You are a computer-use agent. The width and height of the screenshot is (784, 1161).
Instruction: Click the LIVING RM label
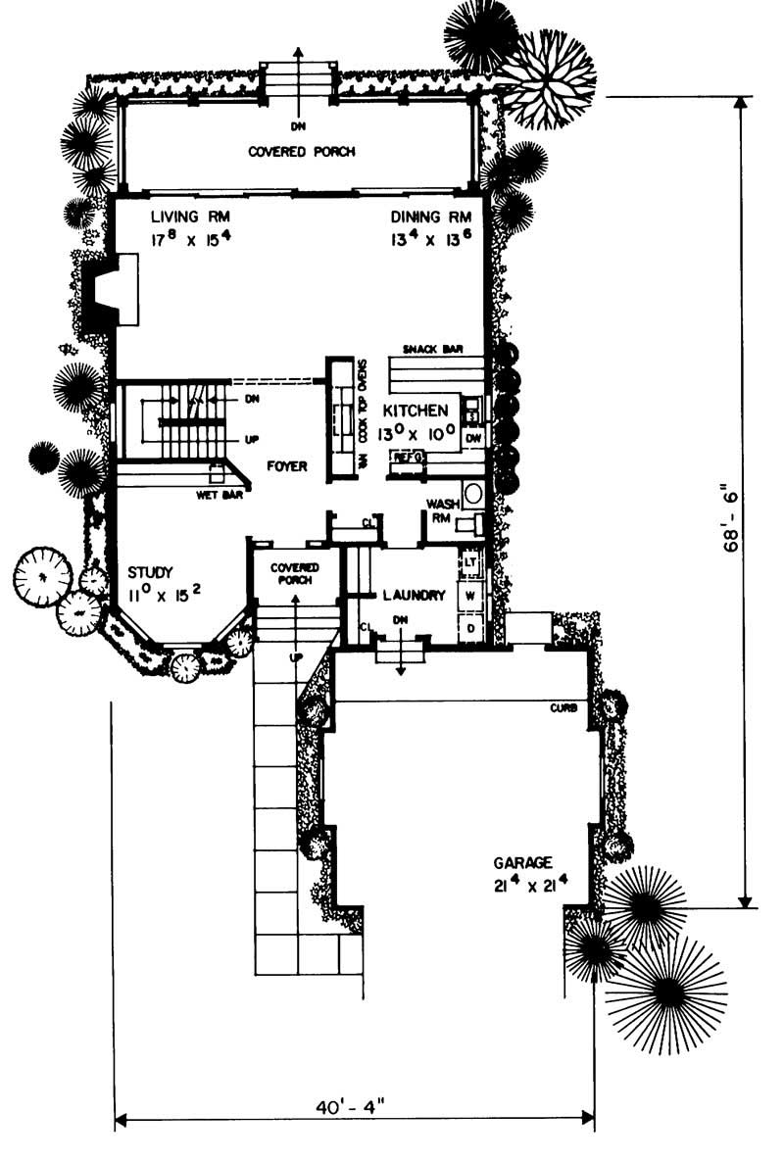coord(184,217)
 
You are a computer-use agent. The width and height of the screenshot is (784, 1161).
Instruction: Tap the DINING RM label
coord(431,217)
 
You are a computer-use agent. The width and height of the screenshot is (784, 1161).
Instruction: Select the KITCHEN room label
coord(416,411)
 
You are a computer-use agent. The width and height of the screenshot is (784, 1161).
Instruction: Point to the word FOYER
coord(287,467)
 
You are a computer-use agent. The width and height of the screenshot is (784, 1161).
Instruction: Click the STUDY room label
coord(150,572)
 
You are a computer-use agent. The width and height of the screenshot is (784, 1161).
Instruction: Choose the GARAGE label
coord(522,863)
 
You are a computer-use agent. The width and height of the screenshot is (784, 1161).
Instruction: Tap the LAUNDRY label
coord(415,595)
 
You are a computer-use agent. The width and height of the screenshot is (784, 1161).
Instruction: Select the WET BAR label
coord(219,495)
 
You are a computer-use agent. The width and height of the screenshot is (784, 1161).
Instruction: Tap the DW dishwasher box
coord(473,437)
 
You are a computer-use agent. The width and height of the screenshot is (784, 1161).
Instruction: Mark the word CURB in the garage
coord(563,707)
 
